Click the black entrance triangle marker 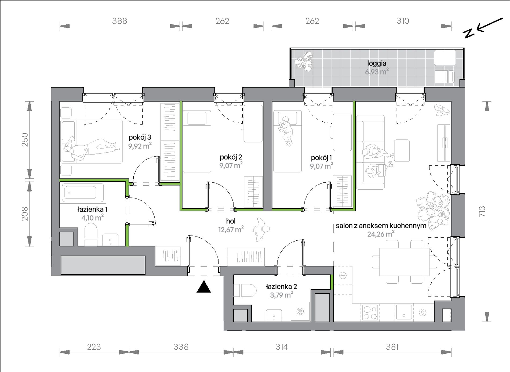pos(204,287)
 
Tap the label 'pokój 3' pos(140,138)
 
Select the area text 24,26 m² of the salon pos(381,234)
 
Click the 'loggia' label pos(377,63)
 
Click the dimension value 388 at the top pos(119,21)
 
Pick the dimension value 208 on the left pos(25,214)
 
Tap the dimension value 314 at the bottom pos(282,347)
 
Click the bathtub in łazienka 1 pos(80,192)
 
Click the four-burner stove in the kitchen pos(370,312)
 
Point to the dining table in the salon pos(404,262)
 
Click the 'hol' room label pos(231,221)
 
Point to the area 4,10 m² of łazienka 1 pos(93,218)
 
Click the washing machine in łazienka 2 pos(300,312)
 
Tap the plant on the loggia pos(304,61)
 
